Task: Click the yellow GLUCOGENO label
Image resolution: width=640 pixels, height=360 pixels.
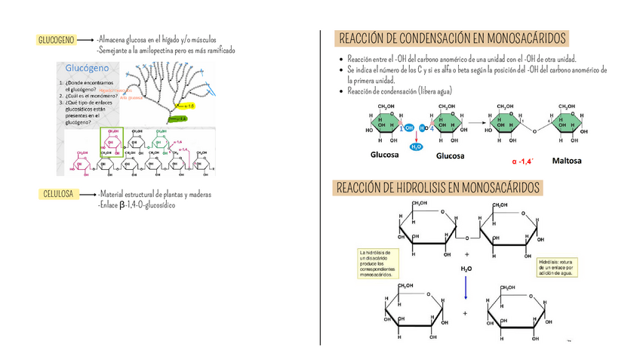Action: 56,40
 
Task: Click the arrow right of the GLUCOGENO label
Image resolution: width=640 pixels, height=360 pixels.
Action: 85,40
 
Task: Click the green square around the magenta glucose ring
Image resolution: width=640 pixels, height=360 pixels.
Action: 112,141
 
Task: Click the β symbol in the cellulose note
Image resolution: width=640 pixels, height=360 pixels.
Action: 123,205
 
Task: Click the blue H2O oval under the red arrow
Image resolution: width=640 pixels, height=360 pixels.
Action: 416,146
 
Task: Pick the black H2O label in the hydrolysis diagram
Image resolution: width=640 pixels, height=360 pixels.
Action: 466,267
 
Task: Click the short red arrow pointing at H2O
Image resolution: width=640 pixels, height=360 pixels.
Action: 416,137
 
